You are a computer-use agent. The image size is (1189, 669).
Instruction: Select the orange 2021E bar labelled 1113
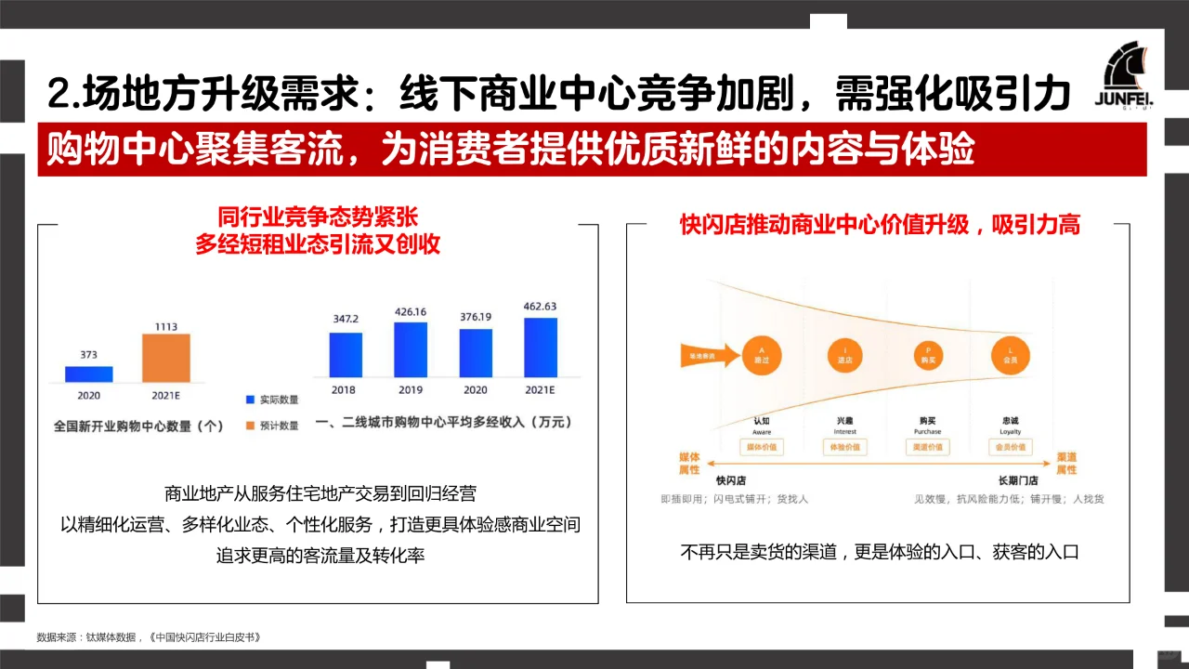[165, 358]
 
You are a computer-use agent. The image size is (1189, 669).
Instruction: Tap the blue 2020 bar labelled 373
[88, 374]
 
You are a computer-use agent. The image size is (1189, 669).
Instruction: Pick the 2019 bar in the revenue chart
[411, 349]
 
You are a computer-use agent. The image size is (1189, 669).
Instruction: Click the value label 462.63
[541, 306]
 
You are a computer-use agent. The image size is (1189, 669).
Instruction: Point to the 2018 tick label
[343, 390]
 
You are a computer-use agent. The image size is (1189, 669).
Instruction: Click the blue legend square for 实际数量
[250, 400]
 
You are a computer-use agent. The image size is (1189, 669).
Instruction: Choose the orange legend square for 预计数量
[250, 426]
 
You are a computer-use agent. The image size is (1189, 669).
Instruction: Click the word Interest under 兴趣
[845, 432]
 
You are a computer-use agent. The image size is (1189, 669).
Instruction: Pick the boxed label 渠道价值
[928, 447]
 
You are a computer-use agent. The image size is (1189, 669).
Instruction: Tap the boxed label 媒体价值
[762, 447]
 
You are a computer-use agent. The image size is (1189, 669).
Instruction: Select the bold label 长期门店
[1017, 480]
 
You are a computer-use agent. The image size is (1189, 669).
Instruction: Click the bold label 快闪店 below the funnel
[732, 480]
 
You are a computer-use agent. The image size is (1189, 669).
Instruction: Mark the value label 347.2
[346, 320]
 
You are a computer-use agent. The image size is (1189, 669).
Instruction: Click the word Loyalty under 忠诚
[1010, 432]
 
